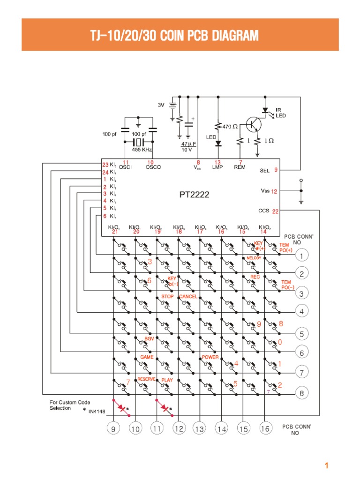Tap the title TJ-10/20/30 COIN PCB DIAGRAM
(180, 35)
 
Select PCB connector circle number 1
(302, 255)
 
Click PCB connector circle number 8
(302, 394)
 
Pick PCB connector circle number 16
(264, 428)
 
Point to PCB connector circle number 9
(113, 428)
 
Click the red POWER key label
(210, 357)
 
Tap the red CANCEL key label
(188, 296)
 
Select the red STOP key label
(167, 296)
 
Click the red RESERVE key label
(146, 379)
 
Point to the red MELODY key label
(254, 258)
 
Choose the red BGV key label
(149, 338)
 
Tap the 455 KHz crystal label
(142, 150)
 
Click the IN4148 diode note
(97, 412)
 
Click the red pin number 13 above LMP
(217, 162)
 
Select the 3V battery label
(161, 105)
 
